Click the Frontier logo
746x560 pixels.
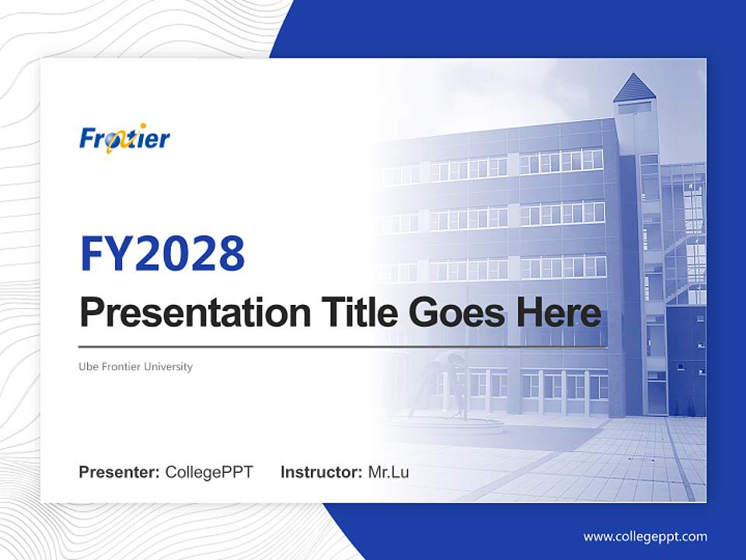point(124,138)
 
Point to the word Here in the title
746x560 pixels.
point(558,313)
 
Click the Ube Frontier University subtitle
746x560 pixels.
point(135,366)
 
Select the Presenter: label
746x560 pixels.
point(120,472)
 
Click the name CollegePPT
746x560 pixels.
point(209,472)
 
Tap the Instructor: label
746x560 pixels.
point(321,472)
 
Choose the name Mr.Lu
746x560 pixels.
point(388,472)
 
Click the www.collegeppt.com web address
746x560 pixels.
point(645,537)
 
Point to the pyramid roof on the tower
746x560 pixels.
point(634,89)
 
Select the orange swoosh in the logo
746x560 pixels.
point(114,143)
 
